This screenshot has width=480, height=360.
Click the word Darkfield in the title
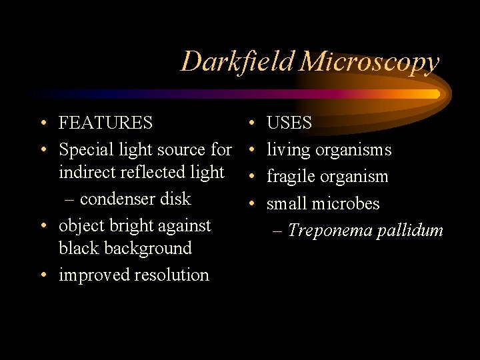coord(237,62)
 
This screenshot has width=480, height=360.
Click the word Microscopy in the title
coord(369,62)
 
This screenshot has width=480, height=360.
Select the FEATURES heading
coord(105,123)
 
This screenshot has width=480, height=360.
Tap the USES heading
coord(289,123)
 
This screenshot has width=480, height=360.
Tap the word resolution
coord(172,275)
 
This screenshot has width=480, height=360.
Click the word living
coord(289,150)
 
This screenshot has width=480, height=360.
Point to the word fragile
coord(291,177)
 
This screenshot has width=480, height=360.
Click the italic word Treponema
coord(329,231)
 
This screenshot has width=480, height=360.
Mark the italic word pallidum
coord(409,231)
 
